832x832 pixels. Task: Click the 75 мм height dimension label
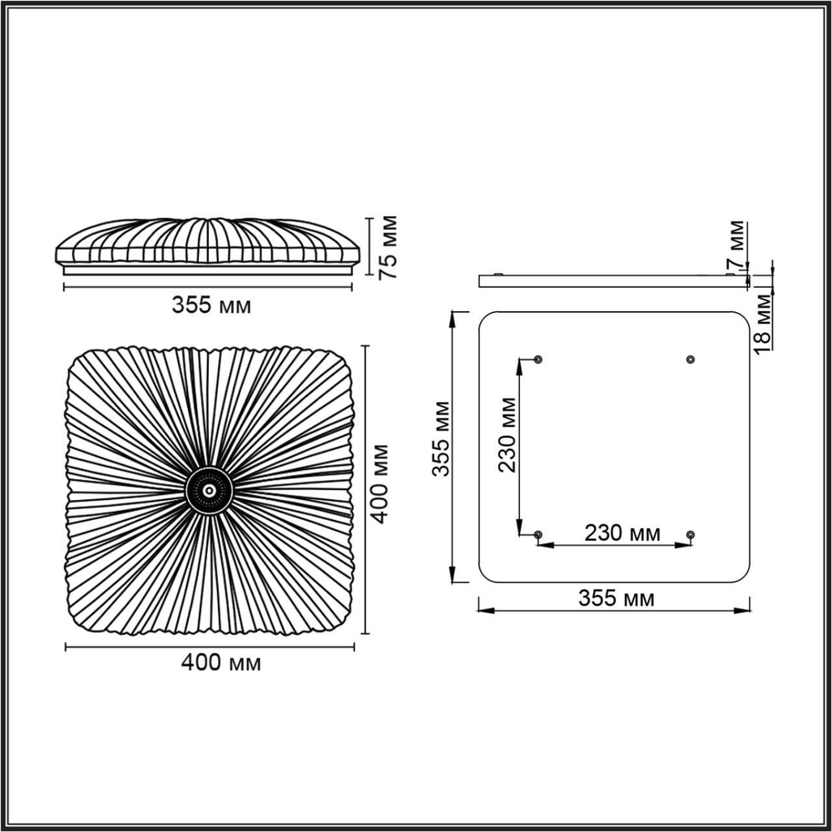click(x=388, y=245)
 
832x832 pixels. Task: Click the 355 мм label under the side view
click(x=211, y=305)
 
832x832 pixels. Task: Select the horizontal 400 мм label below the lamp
click(x=221, y=663)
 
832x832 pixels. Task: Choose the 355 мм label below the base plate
click(x=616, y=598)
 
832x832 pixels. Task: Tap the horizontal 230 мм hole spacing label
click(x=622, y=533)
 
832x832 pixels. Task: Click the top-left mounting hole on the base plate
click(x=538, y=359)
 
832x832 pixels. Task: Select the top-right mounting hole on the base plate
click(x=690, y=359)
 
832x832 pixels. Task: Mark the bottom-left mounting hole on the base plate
click(x=538, y=533)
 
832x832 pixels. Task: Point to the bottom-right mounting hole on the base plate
click(x=690, y=533)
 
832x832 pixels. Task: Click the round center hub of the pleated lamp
click(x=208, y=491)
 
